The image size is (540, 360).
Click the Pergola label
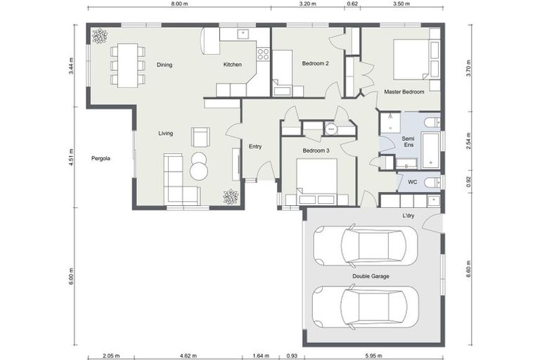[x=101, y=158]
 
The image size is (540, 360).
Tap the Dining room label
[x=165, y=65]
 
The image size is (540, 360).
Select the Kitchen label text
[x=233, y=65]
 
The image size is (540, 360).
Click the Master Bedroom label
[x=404, y=92]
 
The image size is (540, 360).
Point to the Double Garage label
[x=371, y=276]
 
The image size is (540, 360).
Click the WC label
[x=413, y=182]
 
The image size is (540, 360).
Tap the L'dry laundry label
[x=408, y=216]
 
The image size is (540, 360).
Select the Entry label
[x=255, y=146]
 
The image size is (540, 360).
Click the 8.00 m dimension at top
[x=179, y=4]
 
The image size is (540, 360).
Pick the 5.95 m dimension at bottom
[x=372, y=356]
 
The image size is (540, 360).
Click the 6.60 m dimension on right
[x=468, y=269]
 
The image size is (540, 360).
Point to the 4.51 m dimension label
[x=72, y=155]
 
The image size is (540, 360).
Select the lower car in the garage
[x=365, y=307]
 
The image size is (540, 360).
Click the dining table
[x=127, y=65]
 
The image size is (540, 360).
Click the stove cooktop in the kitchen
[x=264, y=53]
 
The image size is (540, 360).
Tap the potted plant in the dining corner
[x=100, y=35]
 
